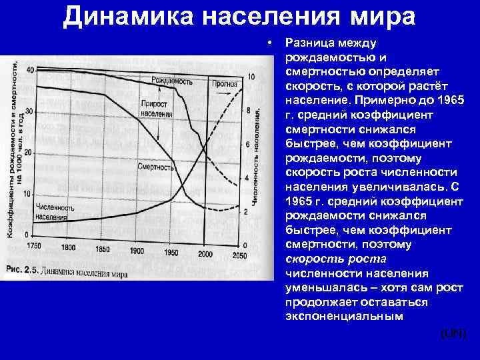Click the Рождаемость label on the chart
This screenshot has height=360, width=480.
172,81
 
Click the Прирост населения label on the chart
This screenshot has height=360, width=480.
157,109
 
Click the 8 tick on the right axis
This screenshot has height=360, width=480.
247,111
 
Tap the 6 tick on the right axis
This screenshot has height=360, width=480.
247,145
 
